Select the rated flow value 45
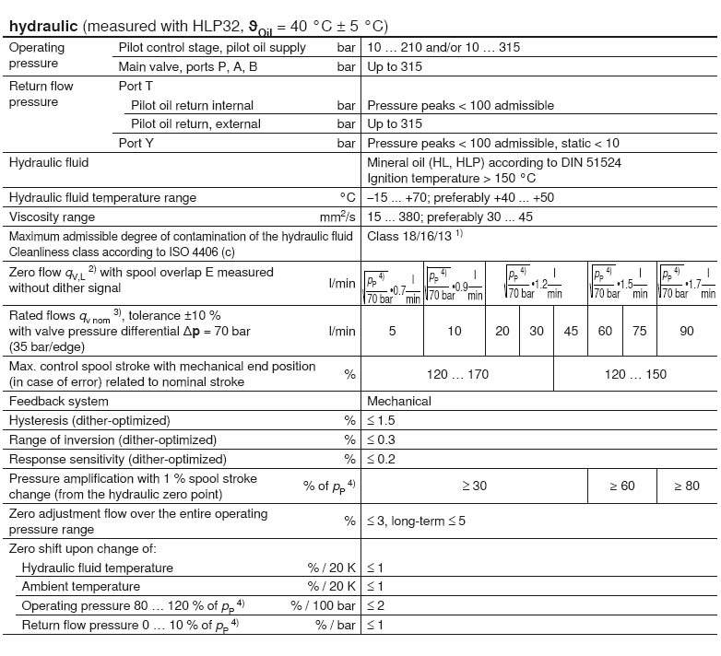click(x=571, y=331)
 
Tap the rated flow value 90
click(x=686, y=331)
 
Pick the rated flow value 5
click(x=392, y=331)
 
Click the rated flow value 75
click(x=639, y=331)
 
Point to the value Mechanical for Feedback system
click(x=399, y=401)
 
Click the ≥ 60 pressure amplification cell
click(x=622, y=486)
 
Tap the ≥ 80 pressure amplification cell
click(x=686, y=486)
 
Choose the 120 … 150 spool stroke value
click(x=634, y=374)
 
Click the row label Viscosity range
click(x=52, y=217)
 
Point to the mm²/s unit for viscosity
click(x=337, y=217)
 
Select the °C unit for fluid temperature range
click(x=347, y=197)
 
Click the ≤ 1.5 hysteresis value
click(x=382, y=420)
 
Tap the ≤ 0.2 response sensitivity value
click(x=382, y=459)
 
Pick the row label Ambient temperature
click(x=81, y=586)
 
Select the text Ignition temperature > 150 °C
click(x=451, y=178)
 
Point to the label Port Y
click(x=137, y=143)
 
